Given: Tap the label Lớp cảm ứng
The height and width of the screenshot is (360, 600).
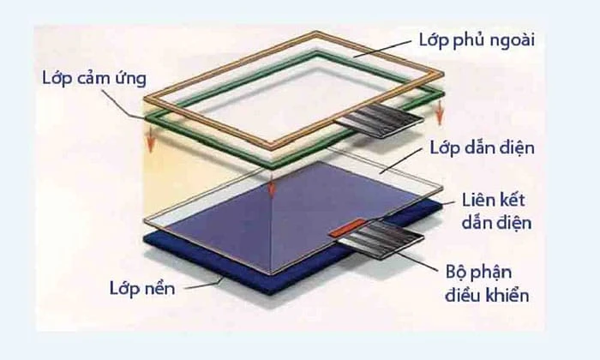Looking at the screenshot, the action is pos(94,78).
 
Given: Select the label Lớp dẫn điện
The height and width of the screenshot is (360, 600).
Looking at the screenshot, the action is pos(482,147).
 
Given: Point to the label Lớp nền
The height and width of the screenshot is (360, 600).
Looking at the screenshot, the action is pos(142,288).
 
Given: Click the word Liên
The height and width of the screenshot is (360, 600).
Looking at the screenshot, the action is pos(478,200).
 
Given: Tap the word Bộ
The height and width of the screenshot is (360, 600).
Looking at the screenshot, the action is pos(455,273).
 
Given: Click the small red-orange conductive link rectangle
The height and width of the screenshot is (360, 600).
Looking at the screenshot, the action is pos(349,228).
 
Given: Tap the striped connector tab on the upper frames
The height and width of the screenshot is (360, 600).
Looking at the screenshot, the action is pos(379,121).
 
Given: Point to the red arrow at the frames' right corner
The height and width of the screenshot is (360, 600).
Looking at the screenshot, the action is pos(440,111).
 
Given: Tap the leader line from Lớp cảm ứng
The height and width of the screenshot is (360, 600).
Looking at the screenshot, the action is pos(126,103).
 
